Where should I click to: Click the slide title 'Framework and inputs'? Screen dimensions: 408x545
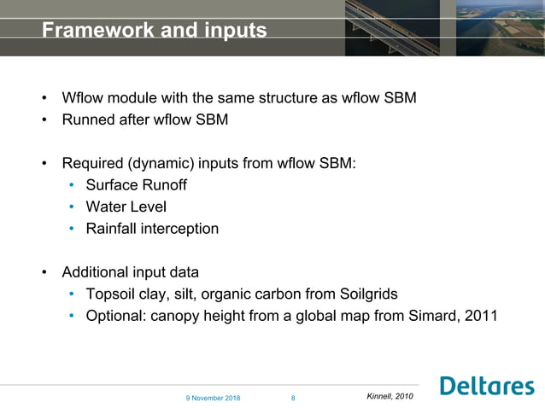point(154,31)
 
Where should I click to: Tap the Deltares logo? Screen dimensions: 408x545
point(487,387)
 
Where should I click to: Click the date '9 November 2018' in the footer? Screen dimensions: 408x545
point(214,399)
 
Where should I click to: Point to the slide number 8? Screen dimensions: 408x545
point(293,399)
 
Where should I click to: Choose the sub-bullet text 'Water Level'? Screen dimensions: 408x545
point(126,207)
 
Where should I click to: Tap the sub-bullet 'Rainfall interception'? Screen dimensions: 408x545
point(152,229)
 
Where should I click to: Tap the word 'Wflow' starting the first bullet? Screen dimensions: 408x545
point(83,97)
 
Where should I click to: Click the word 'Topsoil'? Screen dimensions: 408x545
point(113,294)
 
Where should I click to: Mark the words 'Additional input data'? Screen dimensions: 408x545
point(130,272)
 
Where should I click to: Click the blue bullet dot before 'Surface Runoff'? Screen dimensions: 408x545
point(73,185)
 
